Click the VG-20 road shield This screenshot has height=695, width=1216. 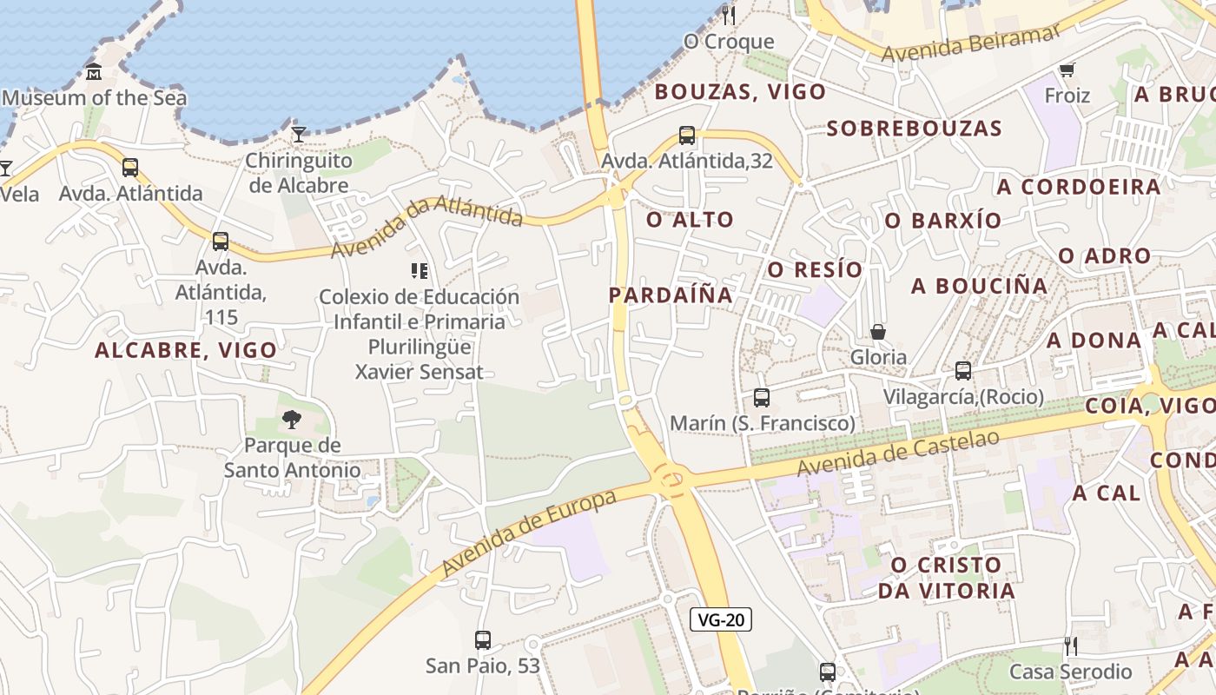pyautogui.click(x=721, y=619)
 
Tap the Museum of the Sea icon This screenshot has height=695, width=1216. pyautogui.click(x=94, y=72)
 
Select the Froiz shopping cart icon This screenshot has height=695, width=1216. pyautogui.click(x=1067, y=69)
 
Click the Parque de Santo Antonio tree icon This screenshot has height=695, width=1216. pyautogui.click(x=292, y=420)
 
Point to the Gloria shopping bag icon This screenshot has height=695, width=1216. pyautogui.click(x=878, y=332)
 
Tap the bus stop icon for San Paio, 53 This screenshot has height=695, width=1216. pyautogui.click(x=483, y=640)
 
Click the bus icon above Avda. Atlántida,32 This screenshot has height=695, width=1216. pyautogui.click(x=687, y=136)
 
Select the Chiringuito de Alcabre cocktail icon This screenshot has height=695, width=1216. pyautogui.click(x=299, y=134)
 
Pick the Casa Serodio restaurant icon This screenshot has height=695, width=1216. pyautogui.click(x=1070, y=645)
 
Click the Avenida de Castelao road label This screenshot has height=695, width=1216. pyautogui.click(x=898, y=453)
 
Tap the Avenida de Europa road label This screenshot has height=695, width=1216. pyautogui.click(x=529, y=533)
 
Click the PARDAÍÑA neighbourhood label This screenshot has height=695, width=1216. pyautogui.click(x=671, y=295)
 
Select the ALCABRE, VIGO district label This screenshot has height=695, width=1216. pyautogui.click(x=186, y=350)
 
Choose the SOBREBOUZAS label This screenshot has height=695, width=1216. pyautogui.click(x=914, y=129)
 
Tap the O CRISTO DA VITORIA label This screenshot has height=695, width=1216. pyautogui.click(x=946, y=578)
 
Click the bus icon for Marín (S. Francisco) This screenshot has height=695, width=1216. pyautogui.click(x=762, y=398)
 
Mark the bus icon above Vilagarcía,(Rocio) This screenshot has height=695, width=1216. pyautogui.click(x=963, y=371)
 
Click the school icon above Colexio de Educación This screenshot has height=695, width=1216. pyautogui.click(x=420, y=271)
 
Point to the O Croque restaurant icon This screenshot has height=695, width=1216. pyautogui.click(x=728, y=15)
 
